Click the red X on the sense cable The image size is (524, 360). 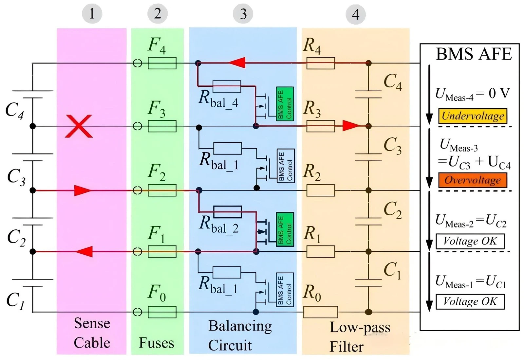tap(79, 126)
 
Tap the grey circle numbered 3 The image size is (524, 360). tap(243, 14)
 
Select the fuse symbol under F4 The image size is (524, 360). tap(162, 63)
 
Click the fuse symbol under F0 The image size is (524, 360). tap(162, 312)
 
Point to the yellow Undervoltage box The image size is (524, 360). tap(473, 116)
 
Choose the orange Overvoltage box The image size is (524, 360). tap(473, 180)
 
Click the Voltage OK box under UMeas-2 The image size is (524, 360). tap(470, 241)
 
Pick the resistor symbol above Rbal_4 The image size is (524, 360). tap(227, 86)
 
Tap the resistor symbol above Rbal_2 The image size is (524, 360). tap(228, 212)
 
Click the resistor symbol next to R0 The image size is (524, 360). tap(321, 312)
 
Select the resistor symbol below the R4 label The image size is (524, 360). tap(321, 63)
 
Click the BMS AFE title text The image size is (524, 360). tap(474, 54)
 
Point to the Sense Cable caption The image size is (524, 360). tap(92, 333)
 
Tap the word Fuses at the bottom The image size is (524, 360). tap(157, 343)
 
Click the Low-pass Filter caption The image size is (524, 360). tap(360, 337)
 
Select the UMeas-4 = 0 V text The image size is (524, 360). tap(473, 95)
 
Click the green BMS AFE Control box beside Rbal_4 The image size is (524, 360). tap(285, 104)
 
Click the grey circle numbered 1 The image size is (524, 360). tap(92, 13)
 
